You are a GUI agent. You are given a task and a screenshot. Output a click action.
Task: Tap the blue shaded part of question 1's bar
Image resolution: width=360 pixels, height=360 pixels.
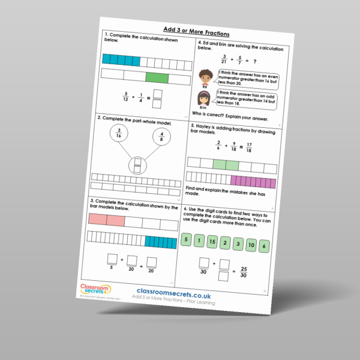point(121,60)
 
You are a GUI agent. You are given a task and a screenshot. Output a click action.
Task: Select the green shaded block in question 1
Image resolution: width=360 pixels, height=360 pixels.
point(157,77)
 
